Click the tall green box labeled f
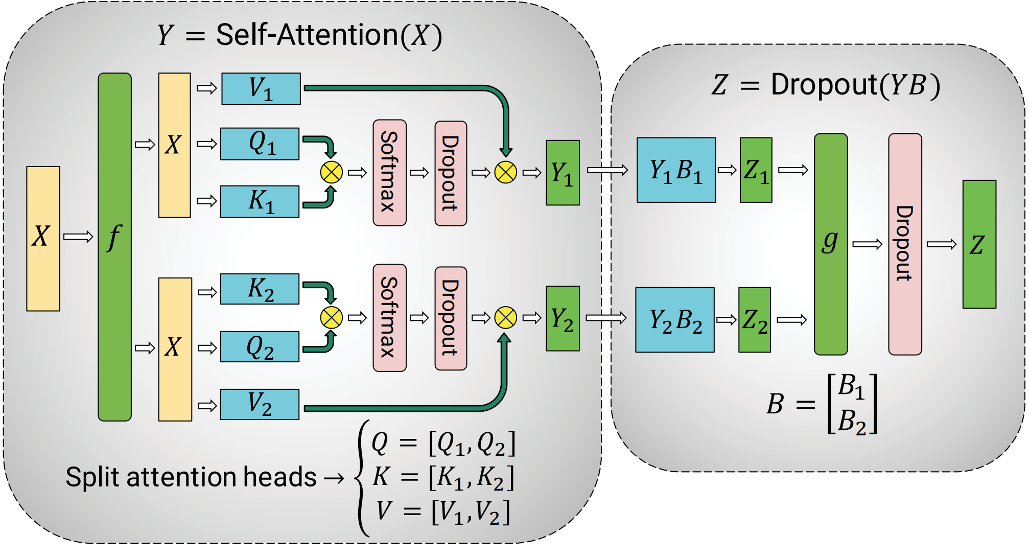(114, 247)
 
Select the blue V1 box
(261, 89)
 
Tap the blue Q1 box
(260, 144)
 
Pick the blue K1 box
(260, 201)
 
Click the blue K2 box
(260, 289)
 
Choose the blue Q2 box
(260, 346)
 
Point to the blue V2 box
(260, 404)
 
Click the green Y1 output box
(563, 173)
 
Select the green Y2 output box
(563, 318)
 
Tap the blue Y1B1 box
(676, 170)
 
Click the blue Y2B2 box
(675, 320)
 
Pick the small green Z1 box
(756, 170)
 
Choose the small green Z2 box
(755, 320)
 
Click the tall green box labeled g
(831, 244)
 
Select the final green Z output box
(979, 244)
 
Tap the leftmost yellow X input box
(43, 239)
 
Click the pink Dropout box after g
(905, 244)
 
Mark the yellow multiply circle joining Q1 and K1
(331, 172)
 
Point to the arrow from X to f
(78, 237)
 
